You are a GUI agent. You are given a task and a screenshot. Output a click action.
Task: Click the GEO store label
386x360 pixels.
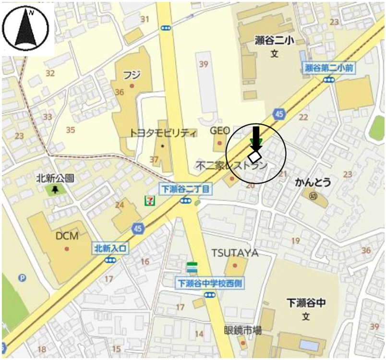[x=220, y=131]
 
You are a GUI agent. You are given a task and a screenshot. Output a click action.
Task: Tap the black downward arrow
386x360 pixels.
[x=256, y=137]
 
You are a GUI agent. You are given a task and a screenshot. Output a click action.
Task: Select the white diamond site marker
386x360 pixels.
[x=254, y=156]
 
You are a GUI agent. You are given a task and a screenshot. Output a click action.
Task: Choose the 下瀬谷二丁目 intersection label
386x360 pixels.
[x=185, y=189]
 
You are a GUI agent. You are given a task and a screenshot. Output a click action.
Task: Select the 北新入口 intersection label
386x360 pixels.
[x=111, y=248]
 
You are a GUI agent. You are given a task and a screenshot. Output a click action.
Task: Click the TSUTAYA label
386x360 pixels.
[x=235, y=253]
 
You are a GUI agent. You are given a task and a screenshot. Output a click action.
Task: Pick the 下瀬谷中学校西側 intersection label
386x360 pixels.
[x=210, y=283]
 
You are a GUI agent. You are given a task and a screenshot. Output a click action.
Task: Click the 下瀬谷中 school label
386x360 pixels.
[x=306, y=303]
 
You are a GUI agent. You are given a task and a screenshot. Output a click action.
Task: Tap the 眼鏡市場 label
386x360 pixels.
[x=243, y=330]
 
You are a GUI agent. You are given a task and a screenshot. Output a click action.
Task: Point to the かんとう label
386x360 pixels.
[x=313, y=183]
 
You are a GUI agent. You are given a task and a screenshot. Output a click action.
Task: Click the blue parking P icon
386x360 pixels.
[x=22, y=277]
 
